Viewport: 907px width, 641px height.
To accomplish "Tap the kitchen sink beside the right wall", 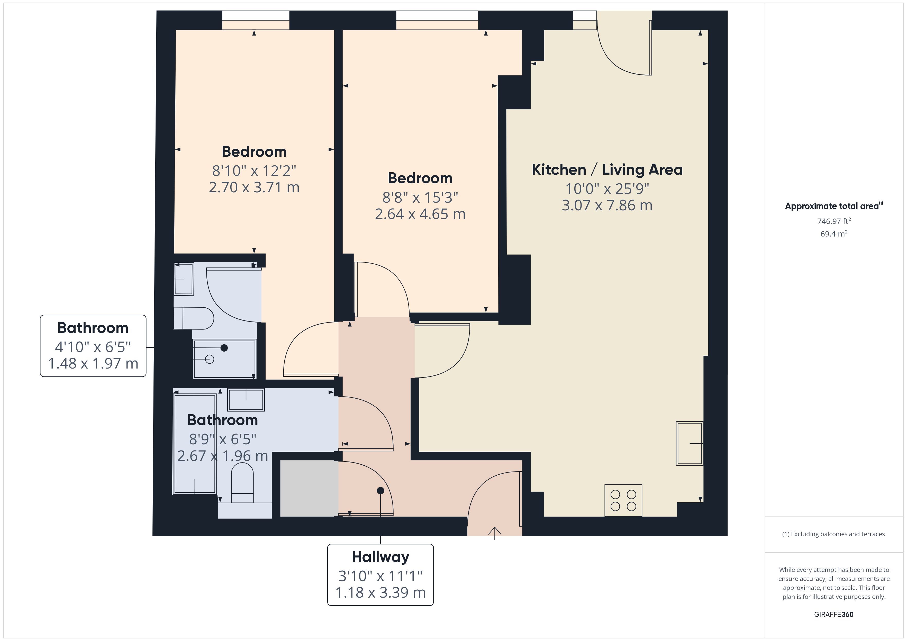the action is (689, 443).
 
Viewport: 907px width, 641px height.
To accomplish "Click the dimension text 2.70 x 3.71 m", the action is (254, 187).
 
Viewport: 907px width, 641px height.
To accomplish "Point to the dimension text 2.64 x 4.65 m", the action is (420, 214).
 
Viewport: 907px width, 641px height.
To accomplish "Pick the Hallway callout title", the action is (380, 557).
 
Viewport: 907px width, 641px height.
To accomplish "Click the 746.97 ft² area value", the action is (834, 221).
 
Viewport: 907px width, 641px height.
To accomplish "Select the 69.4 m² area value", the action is (834, 234).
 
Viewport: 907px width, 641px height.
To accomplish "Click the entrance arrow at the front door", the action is (495, 533).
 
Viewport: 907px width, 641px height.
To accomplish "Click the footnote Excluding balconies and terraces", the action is (833, 534).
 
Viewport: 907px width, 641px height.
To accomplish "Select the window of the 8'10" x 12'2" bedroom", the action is (256, 20).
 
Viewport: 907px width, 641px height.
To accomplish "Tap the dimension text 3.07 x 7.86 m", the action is (607, 205).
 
